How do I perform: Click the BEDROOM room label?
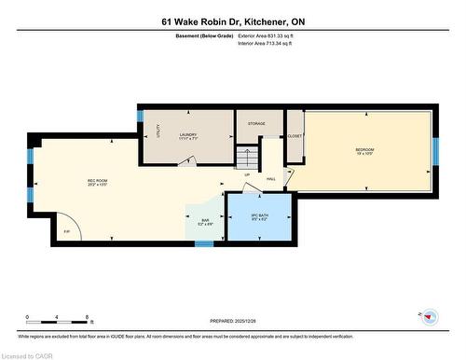364,150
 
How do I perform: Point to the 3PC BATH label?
260,216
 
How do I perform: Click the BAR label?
206,220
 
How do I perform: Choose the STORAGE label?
257,123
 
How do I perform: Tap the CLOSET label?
295,136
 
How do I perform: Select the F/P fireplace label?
66,230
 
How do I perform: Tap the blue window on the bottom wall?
203,244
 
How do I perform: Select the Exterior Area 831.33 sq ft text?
271,35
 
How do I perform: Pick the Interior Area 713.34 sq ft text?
271,43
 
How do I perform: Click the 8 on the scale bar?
87,317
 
